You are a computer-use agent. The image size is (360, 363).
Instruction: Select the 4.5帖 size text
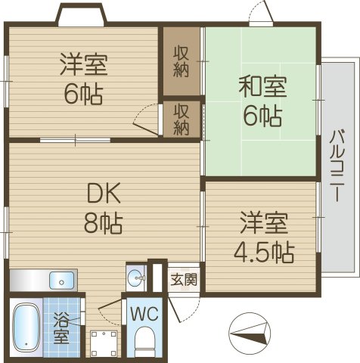[263, 252]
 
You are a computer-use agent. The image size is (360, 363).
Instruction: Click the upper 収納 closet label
[182, 62]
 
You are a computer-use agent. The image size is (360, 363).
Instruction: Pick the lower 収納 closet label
[182, 119]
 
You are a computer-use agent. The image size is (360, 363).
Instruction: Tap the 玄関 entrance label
[184, 278]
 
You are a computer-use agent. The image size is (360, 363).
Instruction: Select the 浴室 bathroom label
[61, 326]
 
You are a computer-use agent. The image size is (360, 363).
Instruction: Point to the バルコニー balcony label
[336, 166]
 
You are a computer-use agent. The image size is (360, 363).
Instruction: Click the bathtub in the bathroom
[26, 328]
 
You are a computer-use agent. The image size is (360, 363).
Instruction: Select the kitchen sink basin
[62, 281]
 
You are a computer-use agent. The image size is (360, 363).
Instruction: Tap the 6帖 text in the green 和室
[262, 116]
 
